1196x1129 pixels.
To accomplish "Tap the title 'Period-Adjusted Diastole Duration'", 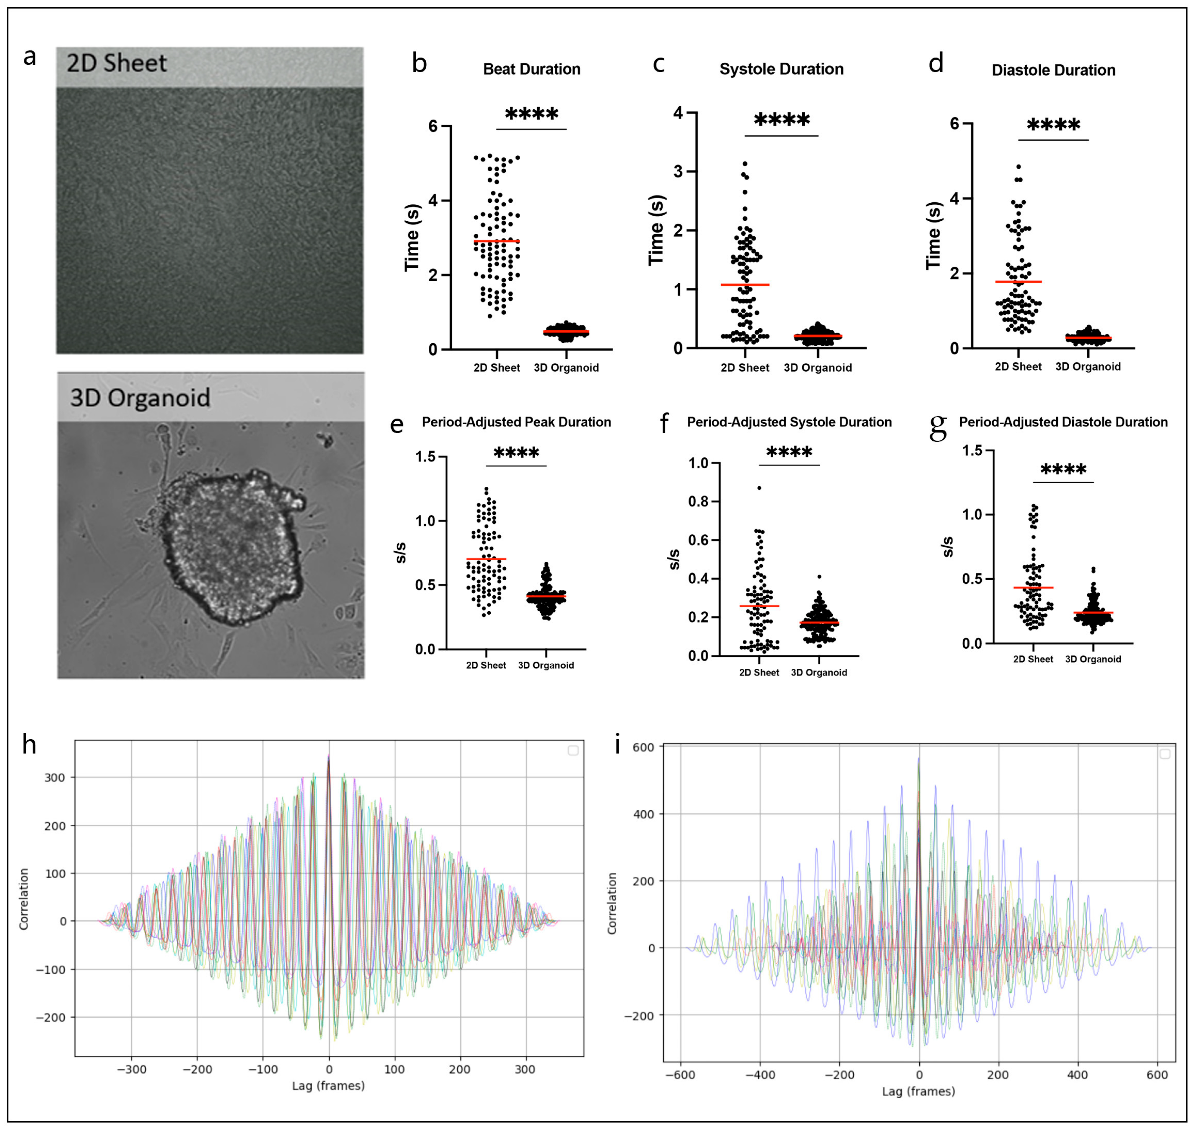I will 1063,422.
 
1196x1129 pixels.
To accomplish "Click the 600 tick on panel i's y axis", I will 643,747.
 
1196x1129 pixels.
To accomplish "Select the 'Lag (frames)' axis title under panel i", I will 918,1091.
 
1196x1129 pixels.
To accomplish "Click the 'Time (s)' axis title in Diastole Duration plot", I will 933,235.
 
